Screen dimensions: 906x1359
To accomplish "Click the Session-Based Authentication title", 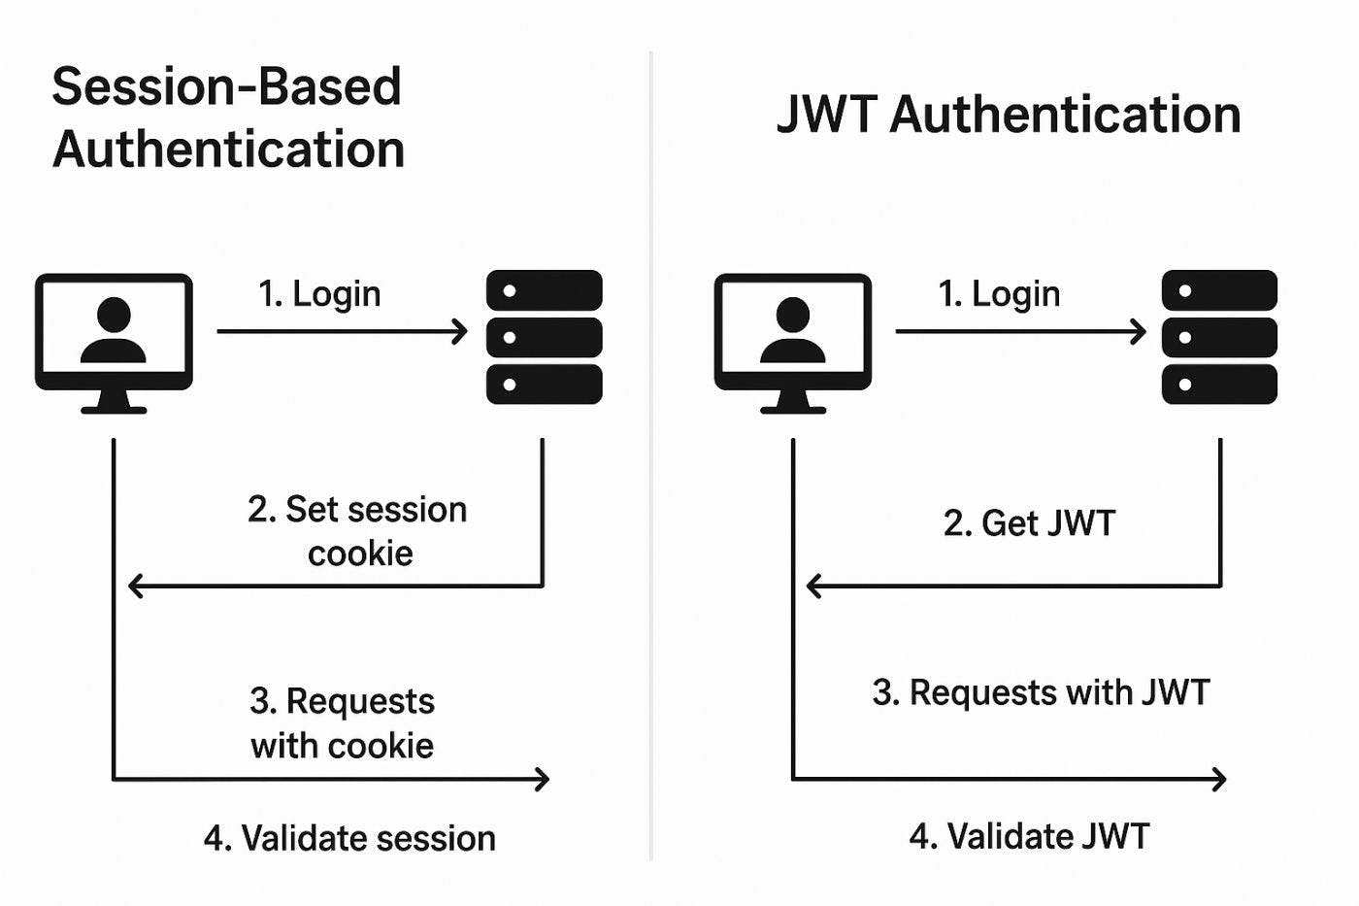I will pos(228,117).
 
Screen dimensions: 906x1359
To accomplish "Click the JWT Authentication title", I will pos(1009,115).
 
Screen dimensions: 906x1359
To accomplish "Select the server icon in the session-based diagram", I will pos(544,337).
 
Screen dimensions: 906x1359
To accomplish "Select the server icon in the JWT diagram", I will pos(1219,337).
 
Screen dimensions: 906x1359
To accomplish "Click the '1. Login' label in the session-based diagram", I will pos(319,294).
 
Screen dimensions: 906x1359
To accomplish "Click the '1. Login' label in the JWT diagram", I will pos(999,294).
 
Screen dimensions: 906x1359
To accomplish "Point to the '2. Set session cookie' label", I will pos(357,531).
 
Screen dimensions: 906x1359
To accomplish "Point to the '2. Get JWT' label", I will pos(1029,523).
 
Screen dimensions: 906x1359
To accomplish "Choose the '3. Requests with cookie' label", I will pos(342,723).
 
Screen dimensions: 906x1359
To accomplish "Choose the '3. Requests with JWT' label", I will pos(1041,693).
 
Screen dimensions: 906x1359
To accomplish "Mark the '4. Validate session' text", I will pos(349,838).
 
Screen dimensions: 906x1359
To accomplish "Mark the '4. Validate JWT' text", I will pos(1029,836).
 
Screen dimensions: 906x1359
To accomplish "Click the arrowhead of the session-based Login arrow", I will pos(461,332).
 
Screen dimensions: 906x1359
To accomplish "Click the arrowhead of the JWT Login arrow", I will pos(1140,332).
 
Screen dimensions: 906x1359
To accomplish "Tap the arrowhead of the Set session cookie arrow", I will pos(135,587).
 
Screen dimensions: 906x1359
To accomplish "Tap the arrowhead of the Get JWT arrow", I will pos(813,587).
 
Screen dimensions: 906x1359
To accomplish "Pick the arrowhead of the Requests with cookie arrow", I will pos(544,779).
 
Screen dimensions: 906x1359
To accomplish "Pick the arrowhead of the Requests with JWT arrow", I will pos(1220,779).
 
